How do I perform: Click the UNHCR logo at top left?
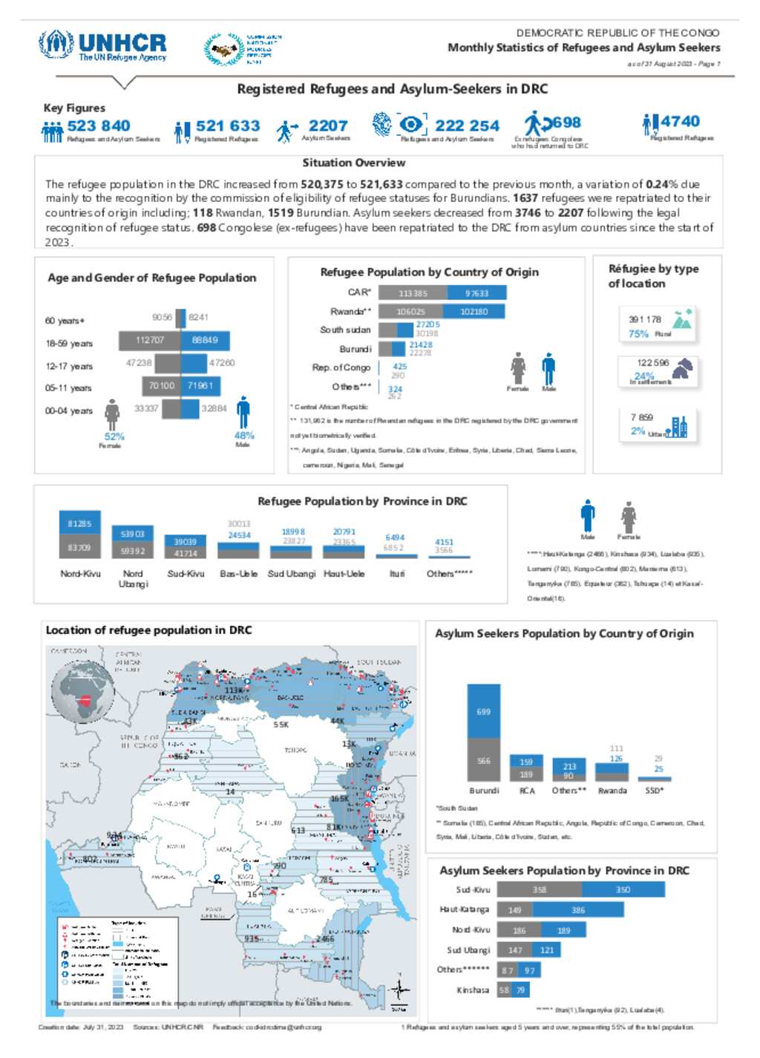102,46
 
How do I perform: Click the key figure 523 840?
98,126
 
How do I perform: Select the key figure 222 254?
467,126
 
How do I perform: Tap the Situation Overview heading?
353,163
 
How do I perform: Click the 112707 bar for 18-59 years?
151,340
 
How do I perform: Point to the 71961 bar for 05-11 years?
200,385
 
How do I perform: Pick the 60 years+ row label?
65,321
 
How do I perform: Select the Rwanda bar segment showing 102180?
474,312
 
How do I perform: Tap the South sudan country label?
345,330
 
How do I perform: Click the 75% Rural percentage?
638,334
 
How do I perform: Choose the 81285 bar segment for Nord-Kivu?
79,523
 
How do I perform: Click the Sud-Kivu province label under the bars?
186,574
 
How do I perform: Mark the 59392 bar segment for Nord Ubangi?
133,551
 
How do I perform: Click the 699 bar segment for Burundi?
483,711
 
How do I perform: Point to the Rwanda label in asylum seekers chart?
612,791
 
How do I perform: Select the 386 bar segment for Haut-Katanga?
577,910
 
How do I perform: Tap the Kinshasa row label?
473,990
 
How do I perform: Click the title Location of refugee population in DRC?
148,630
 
